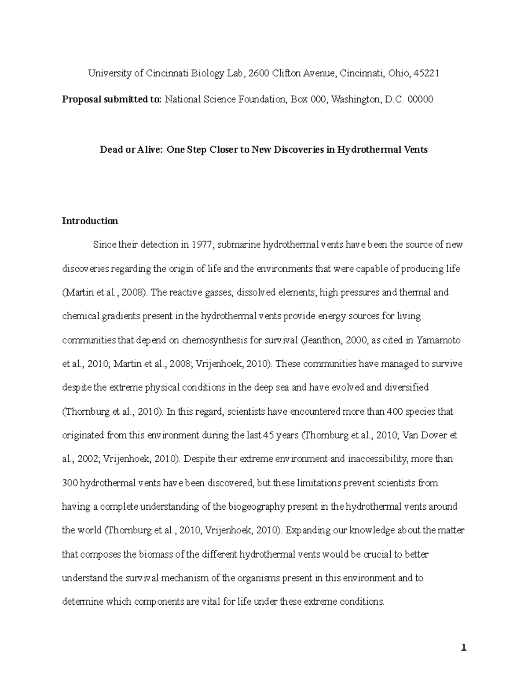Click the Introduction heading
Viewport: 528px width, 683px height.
(x=90, y=221)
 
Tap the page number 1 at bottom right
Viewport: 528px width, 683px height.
(x=463, y=648)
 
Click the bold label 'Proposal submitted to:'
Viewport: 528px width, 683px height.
(x=112, y=99)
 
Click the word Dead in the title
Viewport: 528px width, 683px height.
(x=110, y=150)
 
